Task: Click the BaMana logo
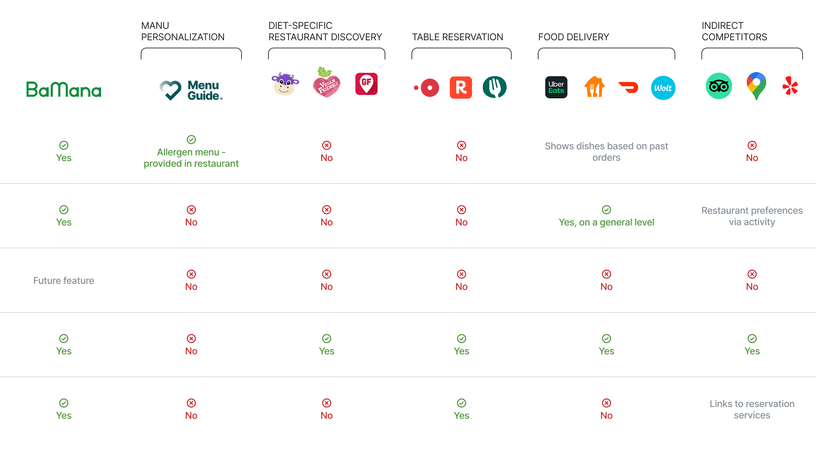64,90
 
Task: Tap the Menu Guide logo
191,90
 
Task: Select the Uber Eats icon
556,88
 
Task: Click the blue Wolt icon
663,88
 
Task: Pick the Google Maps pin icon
756,86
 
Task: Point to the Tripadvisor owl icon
719,86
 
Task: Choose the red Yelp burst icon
790,86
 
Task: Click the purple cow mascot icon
285,84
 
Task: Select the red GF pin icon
366,84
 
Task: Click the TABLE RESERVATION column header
458,37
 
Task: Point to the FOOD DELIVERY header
573,37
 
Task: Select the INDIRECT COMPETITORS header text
734,31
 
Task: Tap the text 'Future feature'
64,281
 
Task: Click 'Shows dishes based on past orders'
606,152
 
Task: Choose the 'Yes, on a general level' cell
606,222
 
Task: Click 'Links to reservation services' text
752,409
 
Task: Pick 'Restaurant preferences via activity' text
752,216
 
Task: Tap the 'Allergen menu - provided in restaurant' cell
191,158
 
